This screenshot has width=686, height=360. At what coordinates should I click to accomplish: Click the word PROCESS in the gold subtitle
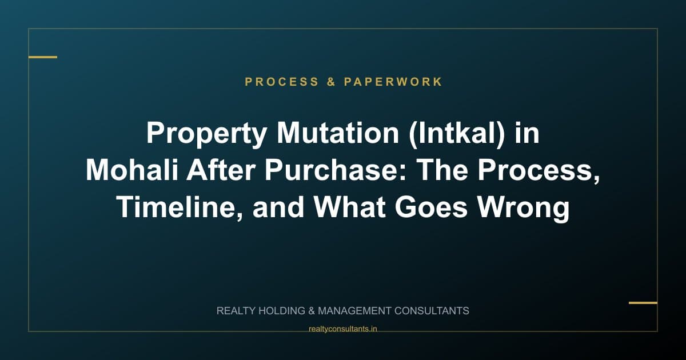coord(281,82)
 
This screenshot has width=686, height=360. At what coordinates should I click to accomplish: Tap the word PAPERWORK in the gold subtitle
coord(393,82)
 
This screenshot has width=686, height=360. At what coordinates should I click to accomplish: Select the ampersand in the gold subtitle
coord(331,82)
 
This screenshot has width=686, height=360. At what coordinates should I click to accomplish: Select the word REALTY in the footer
coord(236,311)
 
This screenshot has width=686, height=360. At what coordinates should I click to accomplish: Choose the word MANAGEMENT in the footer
coord(354,311)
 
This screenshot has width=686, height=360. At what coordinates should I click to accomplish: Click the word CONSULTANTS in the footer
coord(432,311)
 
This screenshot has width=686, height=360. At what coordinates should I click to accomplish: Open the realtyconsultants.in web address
coord(343,329)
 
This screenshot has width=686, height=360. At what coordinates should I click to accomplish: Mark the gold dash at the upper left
coord(43,57)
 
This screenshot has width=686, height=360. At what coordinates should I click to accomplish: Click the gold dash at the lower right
coord(643,303)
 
